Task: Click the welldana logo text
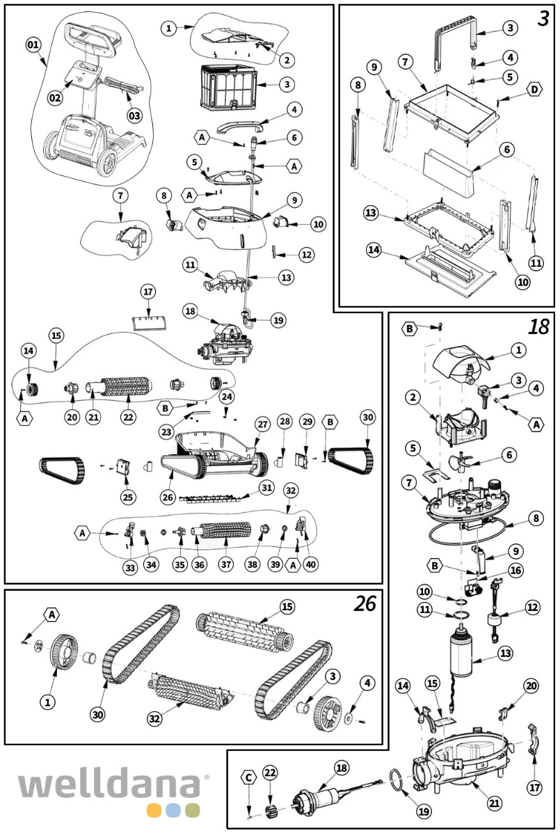click(111, 785)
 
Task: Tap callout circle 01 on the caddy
click(33, 45)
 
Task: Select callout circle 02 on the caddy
click(55, 97)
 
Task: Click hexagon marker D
click(534, 90)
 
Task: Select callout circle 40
click(311, 565)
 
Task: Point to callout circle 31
click(266, 488)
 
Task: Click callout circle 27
click(262, 424)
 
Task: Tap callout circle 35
click(180, 565)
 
